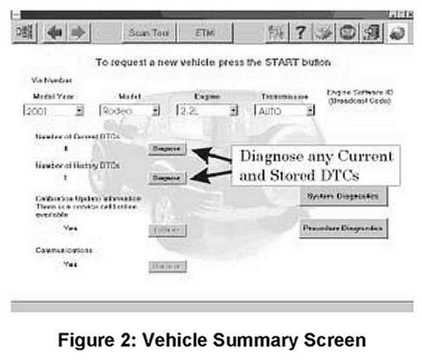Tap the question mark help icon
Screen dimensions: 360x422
[x=298, y=33]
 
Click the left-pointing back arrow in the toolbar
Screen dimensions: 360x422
[x=56, y=33]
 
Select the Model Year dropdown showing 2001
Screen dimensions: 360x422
[x=54, y=110]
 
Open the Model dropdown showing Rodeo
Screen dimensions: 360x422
[x=129, y=110]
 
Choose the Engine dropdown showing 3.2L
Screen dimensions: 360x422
[x=207, y=110]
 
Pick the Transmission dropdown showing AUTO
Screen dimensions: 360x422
[x=284, y=110]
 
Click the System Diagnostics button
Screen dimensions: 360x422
[x=343, y=196]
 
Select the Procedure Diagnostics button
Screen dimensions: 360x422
[x=343, y=228]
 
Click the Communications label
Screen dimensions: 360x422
[x=63, y=251]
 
